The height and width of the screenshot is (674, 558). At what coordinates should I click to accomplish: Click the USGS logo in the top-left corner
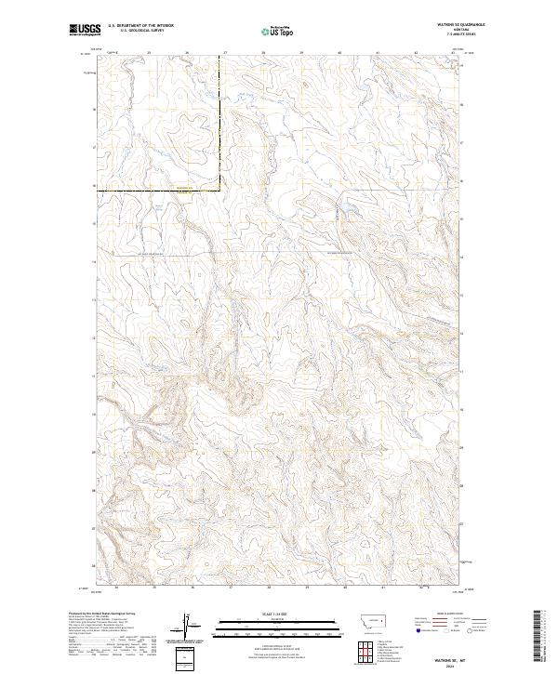(x=86, y=30)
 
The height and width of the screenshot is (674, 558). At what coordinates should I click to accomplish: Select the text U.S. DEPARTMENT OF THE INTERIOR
(x=140, y=25)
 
